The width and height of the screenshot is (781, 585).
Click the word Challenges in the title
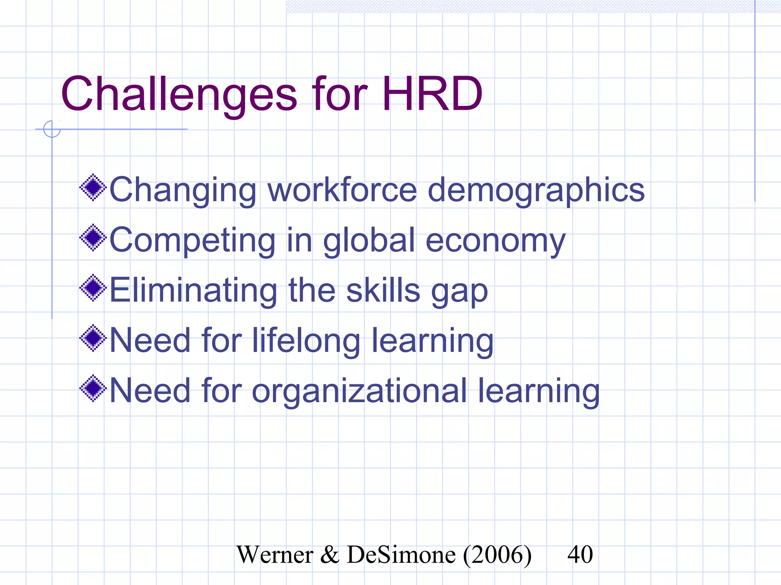coord(178,94)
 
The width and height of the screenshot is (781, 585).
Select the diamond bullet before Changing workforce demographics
coord(93,187)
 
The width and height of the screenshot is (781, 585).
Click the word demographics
coord(536,190)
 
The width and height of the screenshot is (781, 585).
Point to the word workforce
coord(342,190)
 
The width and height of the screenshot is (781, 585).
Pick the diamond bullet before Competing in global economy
coord(93,238)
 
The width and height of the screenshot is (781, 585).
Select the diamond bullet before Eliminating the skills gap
coord(93,288)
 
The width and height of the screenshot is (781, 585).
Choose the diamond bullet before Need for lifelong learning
coord(93,338)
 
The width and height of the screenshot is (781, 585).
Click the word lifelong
coord(306,341)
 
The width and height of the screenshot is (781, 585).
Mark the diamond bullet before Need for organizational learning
coord(93,388)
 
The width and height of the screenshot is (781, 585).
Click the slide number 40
coord(580,555)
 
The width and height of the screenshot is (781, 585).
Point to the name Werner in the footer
coord(275,555)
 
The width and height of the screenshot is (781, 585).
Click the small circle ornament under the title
coord(52,129)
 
